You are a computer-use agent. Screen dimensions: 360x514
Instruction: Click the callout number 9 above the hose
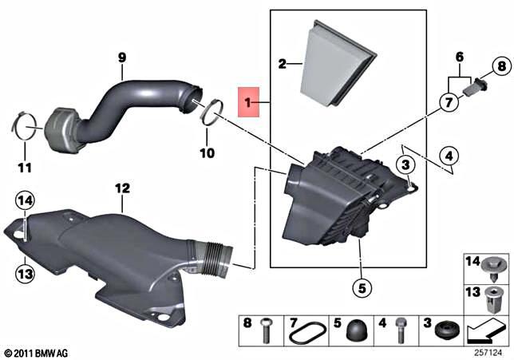point(122,57)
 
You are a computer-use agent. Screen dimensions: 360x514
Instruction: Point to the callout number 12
point(121,189)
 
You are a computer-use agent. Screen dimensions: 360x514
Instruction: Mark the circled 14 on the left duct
point(26,200)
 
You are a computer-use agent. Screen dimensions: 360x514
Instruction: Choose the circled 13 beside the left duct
point(26,274)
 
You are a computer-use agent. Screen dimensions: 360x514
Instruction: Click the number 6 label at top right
point(459,57)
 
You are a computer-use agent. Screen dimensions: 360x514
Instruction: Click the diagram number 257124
point(489,350)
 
